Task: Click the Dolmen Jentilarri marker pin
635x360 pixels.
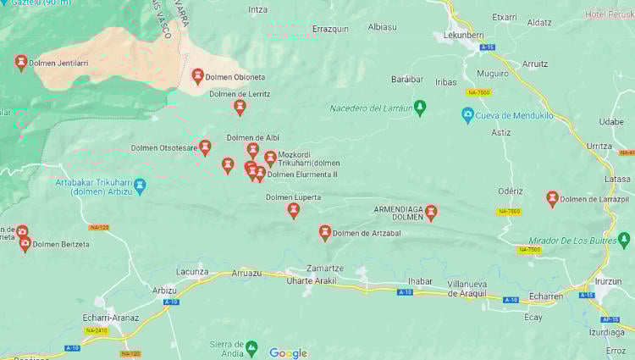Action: pos(21,62)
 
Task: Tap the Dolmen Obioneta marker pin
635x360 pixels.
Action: pos(197,76)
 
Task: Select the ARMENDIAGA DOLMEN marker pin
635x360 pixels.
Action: pos(431,212)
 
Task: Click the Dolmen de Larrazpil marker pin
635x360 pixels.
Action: pos(552,198)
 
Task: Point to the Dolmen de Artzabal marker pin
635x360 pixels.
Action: pos(324,232)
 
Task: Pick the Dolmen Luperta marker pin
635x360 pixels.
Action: pos(293,209)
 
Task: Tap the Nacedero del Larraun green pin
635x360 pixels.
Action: pos(420,108)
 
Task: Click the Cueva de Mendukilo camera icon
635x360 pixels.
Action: pos(467,114)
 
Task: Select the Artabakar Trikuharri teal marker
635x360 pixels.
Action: pos(141,185)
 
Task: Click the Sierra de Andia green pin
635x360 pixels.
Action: pos(251,347)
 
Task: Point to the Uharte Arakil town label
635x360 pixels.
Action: pos(312,280)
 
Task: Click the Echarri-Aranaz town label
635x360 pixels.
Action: pos(110,318)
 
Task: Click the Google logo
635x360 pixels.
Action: pos(288,353)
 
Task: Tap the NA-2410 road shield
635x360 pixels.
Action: pos(96,330)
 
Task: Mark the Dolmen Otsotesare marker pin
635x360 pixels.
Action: pos(205,147)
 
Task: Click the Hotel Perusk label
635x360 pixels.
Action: pos(609,15)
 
